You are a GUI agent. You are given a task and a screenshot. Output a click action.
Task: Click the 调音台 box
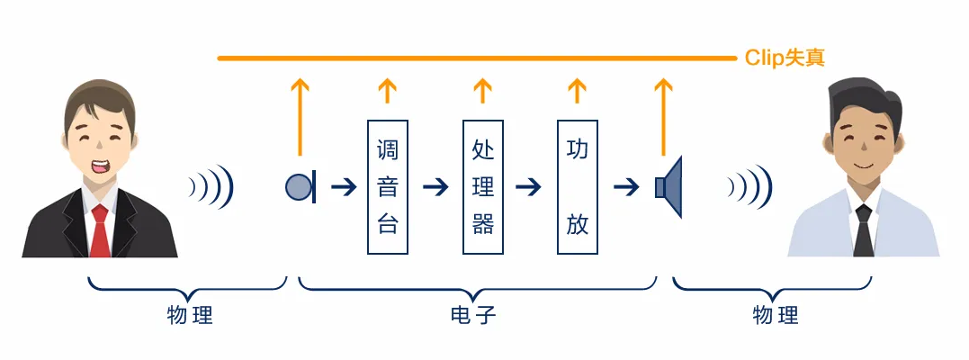(388, 186)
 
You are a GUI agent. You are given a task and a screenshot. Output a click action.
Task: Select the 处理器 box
(483, 186)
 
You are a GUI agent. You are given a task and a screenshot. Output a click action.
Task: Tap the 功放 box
(578, 186)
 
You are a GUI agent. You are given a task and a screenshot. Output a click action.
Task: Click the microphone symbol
(300, 187)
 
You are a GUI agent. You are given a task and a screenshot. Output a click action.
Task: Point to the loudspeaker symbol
(670, 187)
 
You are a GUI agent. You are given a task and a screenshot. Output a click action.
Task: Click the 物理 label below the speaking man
(190, 316)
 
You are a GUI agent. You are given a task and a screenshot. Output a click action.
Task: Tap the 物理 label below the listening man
(775, 316)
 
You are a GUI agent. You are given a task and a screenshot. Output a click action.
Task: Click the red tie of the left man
(100, 229)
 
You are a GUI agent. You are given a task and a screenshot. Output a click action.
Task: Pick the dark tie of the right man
(864, 231)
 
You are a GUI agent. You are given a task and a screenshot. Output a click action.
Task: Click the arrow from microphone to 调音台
(344, 187)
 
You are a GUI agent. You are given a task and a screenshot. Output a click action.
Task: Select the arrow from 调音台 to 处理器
(435, 187)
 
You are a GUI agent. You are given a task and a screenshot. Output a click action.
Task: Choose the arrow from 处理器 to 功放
(528, 187)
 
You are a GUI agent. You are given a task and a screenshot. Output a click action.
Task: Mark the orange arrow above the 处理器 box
(483, 90)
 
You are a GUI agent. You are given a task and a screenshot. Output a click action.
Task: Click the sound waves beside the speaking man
(212, 187)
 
